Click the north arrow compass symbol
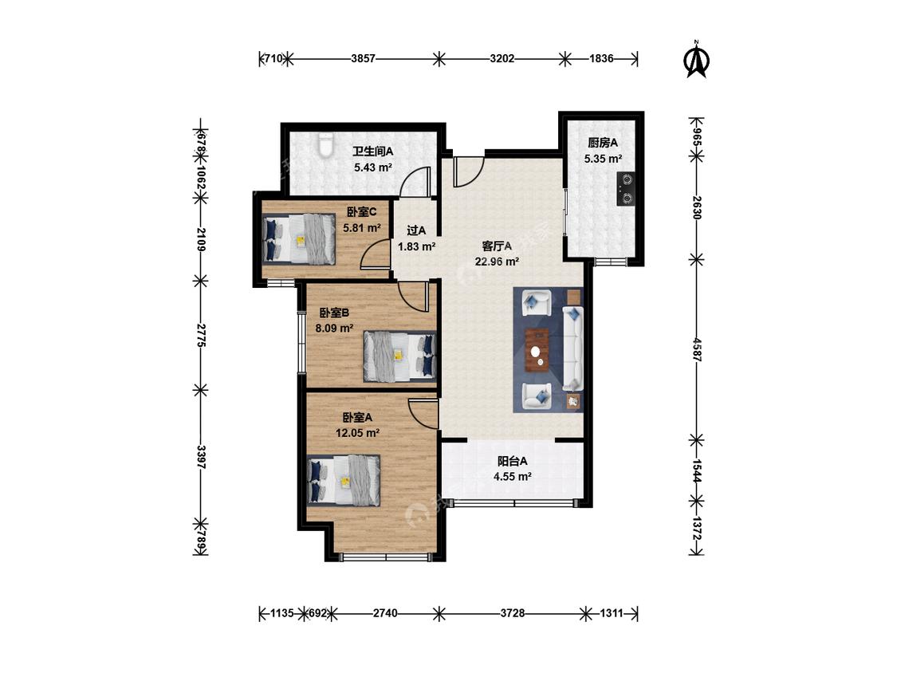[697, 59]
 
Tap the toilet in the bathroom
[325, 145]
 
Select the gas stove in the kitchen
[627, 188]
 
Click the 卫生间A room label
[372, 152]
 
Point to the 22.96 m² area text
[497, 262]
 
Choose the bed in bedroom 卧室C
[299, 238]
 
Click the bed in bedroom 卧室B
[400, 356]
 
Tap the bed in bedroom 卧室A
[344, 481]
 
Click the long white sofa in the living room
[572, 348]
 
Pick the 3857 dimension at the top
[364, 58]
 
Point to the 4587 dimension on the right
[696, 349]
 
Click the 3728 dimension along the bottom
[513, 613]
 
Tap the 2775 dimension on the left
[201, 336]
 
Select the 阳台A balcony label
[512, 461]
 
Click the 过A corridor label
[416, 230]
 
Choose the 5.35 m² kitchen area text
[603, 159]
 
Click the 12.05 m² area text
[357, 433]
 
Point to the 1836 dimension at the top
[601, 58]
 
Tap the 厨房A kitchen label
[603, 143]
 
